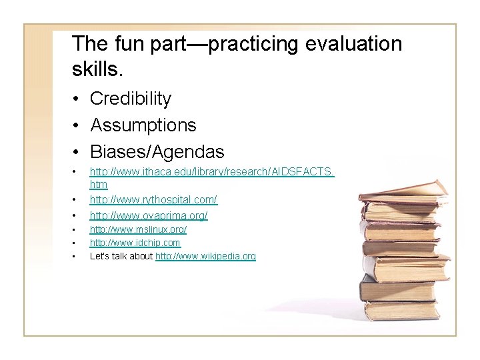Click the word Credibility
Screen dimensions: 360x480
coord(131,99)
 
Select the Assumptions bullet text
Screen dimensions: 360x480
coord(143,125)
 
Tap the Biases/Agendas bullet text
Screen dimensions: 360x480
coord(157,151)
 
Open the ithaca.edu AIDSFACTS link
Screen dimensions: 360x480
coord(212,173)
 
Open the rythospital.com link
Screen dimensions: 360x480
coord(153,199)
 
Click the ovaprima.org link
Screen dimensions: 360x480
coord(149,215)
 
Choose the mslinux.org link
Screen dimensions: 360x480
coord(138,229)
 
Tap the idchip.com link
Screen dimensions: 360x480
coord(135,243)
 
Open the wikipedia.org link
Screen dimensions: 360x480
coord(205,256)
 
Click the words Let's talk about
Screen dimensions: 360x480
coord(121,256)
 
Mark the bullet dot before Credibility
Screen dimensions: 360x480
coord(78,99)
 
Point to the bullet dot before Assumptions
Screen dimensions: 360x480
coord(78,126)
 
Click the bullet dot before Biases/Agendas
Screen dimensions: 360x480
coord(78,152)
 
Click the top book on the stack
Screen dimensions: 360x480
coord(404,191)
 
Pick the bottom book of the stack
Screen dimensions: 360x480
coord(400,309)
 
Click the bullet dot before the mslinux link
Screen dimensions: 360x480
coord(78,230)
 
